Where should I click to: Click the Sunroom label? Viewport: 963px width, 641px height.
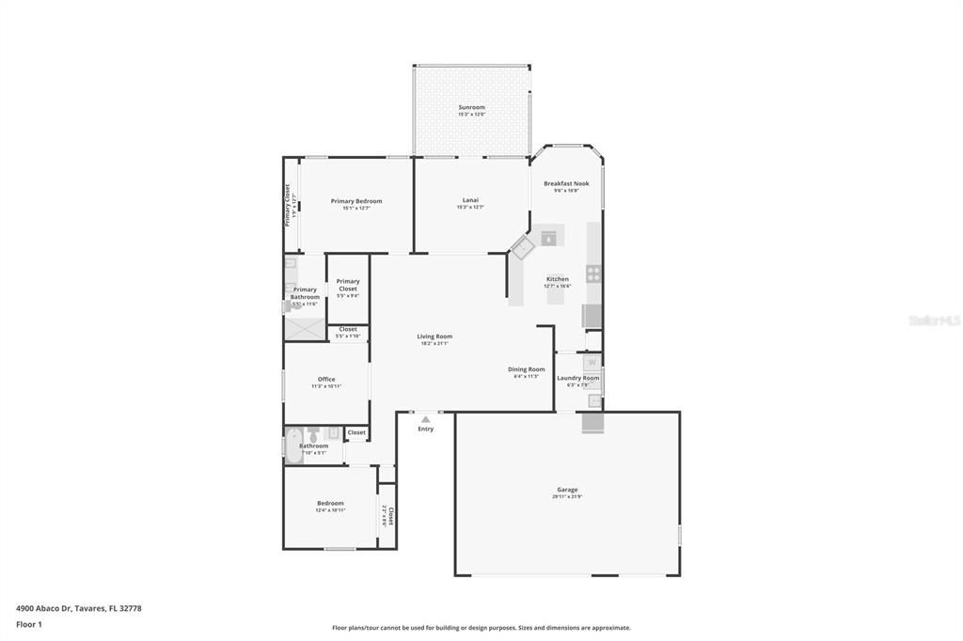pyautogui.click(x=471, y=107)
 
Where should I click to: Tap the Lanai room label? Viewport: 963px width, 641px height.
pyautogui.click(x=470, y=200)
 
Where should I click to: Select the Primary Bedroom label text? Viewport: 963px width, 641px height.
pyautogui.click(x=356, y=201)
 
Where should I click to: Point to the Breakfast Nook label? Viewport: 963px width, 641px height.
pyautogui.click(x=566, y=183)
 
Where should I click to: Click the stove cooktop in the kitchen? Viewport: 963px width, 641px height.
pyautogui.click(x=594, y=274)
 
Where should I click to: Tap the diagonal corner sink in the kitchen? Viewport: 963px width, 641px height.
pyautogui.click(x=522, y=248)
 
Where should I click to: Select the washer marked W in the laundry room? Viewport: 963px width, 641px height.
pyautogui.click(x=592, y=362)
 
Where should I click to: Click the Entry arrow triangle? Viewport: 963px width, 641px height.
pyautogui.click(x=426, y=419)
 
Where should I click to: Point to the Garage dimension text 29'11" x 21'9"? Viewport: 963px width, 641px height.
pyautogui.click(x=567, y=496)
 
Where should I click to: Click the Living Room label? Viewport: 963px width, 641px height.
pyautogui.click(x=434, y=336)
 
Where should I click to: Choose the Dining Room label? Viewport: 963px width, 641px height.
pyautogui.click(x=526, y=369)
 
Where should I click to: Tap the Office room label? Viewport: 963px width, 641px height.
pyautogui.click(x=326, y=380)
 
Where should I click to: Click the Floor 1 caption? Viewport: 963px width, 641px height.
pyautogui.click(x=29, y=624)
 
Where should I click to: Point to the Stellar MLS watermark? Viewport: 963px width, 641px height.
pyautogui.click(x=934, y=320)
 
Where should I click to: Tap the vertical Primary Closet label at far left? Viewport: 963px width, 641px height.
pyautogui.click(x=290, y=204)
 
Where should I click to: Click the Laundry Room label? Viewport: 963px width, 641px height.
pyautogui.click(x=577, y=378)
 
